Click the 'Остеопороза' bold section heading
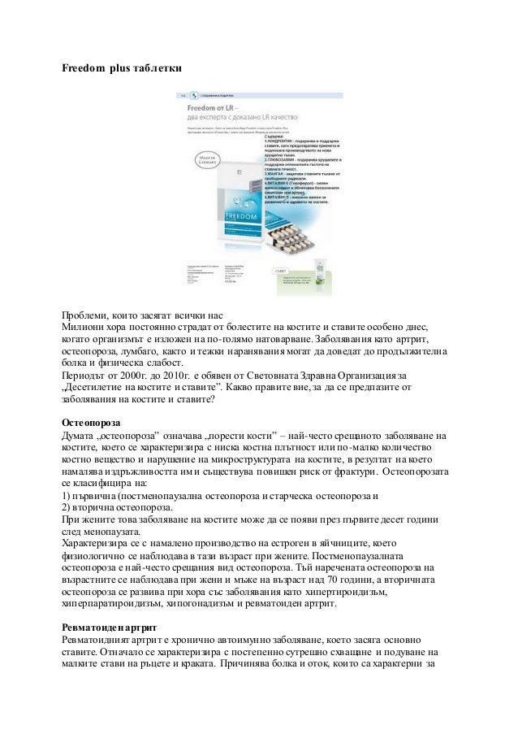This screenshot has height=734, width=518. point(92,423)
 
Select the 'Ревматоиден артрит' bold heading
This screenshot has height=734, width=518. point(110,628)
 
